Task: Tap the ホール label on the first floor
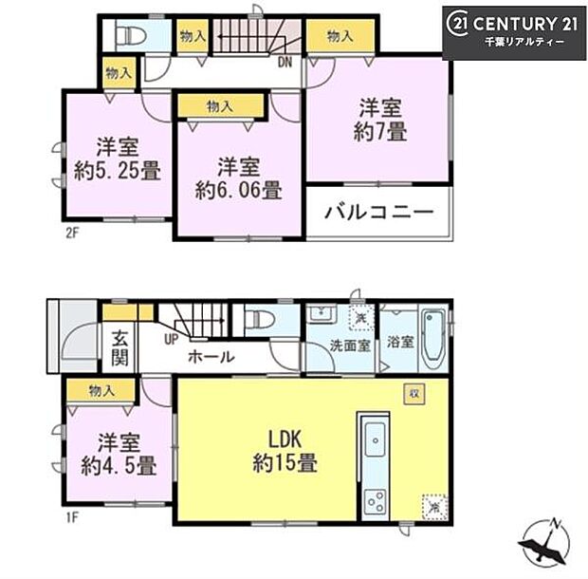[211, 358]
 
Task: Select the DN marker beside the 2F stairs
[285, 65]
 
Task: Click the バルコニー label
[379, 211]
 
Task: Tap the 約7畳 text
[382, 133]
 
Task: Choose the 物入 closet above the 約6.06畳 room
[219, 106]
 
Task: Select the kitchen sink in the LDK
[374, 439]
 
